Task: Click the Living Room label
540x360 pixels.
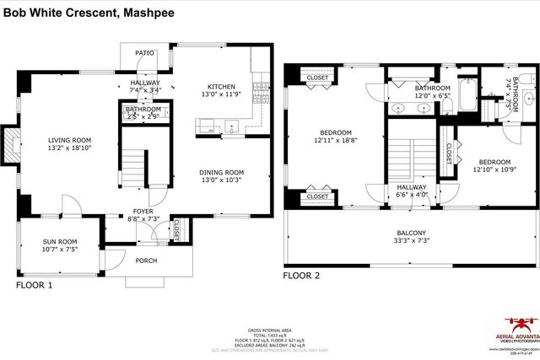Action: pyautogui.click(x=69, y=140)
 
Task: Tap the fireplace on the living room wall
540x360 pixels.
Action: pyautogui.click(x=9, y=144)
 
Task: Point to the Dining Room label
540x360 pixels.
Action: pyautogui.click(x=222, y=172)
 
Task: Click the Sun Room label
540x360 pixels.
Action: pyautogui.click(x=60, y=242)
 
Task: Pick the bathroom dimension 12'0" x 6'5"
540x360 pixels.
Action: pyautogui.click(x=432, y=96)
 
